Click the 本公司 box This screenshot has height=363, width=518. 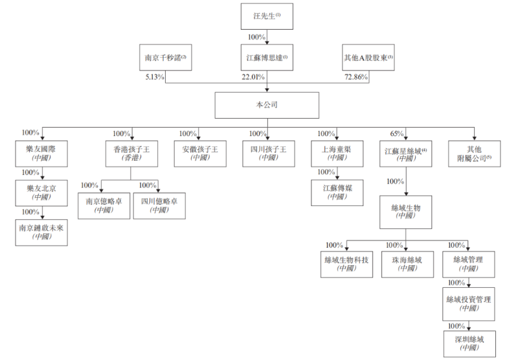tap(267, 105)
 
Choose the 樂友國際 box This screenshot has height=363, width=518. tap(41, 153)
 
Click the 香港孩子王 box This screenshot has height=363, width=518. tap(130, 153)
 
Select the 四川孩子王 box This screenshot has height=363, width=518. tap(267, 153)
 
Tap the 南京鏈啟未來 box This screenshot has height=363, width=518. tap(41, 231)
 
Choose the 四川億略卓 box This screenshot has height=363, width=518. tap(159, 205)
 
